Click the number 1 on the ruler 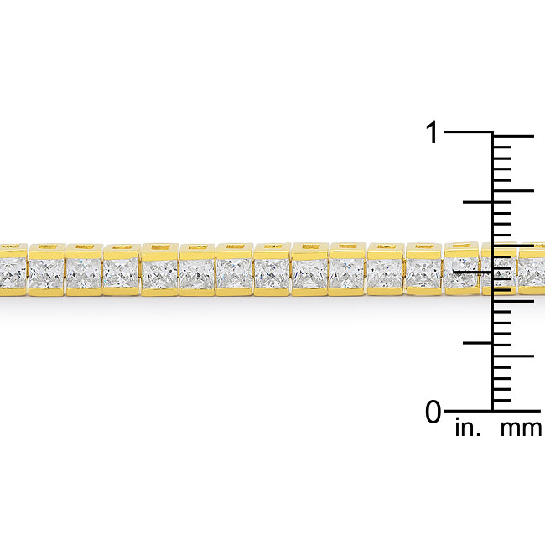coord(432,132)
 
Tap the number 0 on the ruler coord(433,412)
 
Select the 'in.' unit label coord(467,429)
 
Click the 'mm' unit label coord(521,429)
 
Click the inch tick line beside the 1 coord(468,132)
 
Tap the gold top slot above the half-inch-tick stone coord(461,247)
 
